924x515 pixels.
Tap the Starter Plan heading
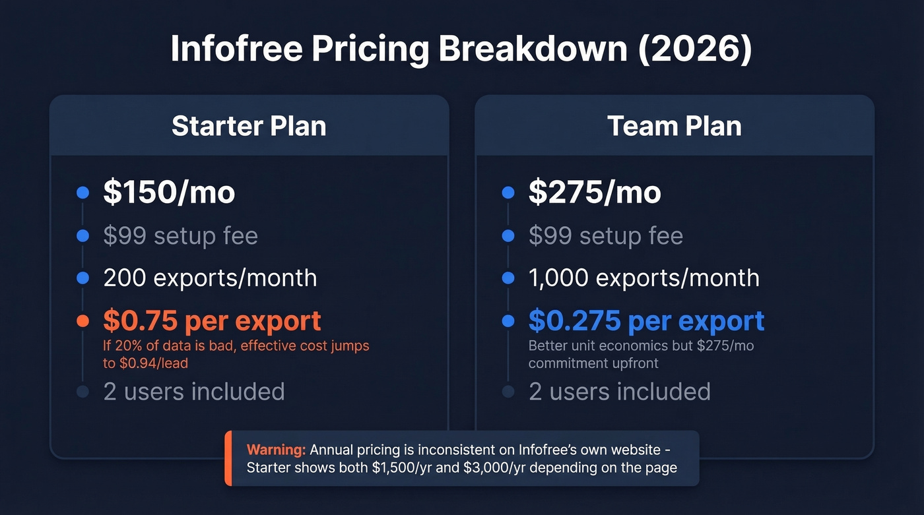tap(249, 126)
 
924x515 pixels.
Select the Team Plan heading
tap(675, 126)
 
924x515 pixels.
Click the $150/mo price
tap(169, 193)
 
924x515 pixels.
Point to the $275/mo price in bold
tap(595, 193)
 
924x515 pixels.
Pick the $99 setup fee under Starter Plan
tap(180, 236)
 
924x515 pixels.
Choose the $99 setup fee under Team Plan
tap(606, 236)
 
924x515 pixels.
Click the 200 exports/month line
tap(210, 278)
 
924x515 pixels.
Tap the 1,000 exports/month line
tap(643, 278)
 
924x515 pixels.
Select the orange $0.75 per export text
tap(212, 320)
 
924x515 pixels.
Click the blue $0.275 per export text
tap(646, 320)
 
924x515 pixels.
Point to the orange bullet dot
tap(82, 321)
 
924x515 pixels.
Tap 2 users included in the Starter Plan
tap(194, 391)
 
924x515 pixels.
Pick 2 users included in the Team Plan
tap(620, 391)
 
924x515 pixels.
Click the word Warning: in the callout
tap(276, 450)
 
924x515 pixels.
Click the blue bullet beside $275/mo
tap(508, 193)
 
